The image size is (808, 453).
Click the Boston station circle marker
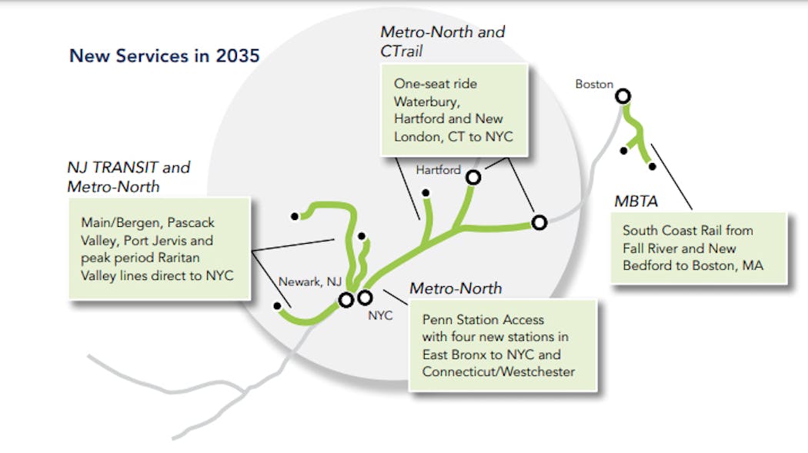pyautogui.click(x=623, y=96)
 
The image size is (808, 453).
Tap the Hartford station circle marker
pyautogui.click(x=473, y=177)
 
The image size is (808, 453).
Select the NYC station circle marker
pyautogui.click(x=365, y=297)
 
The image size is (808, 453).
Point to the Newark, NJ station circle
pyautogui.click(x=346, y=299)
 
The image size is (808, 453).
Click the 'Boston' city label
pyautogui.click(x=594, y=84)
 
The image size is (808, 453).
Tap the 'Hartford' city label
pyautogui.click(x=438, y=169)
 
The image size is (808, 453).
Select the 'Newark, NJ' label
pyautogui.click(x=309, y=281)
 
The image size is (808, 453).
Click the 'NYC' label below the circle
pyautogui.click(x=380, y=315)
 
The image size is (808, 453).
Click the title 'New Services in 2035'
pyautogui.click(x=164, y=55)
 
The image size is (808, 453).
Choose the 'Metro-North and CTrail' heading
pyautogui.click(x=442, y=42)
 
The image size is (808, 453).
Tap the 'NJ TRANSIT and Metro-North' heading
pyautogui.click(x=128, y=176)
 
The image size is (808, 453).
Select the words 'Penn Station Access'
pyautogui.click(x=482, y=319)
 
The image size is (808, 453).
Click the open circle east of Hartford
pyautogui.click(x=539, y=222)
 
